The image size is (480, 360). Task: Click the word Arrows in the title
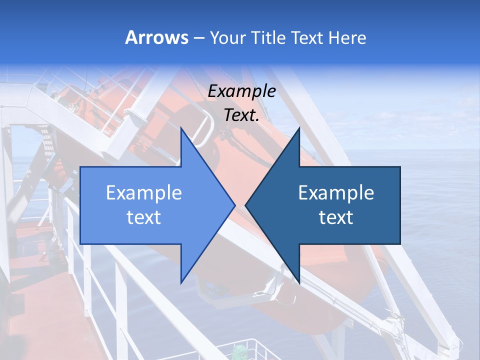tap(156, 37)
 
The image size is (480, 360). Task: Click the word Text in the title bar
tap(306, 37)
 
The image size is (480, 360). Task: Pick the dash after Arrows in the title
tap(199, 38)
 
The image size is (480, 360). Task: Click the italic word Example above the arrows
tap(241, 91)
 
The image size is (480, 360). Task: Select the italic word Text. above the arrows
tap(241, 115)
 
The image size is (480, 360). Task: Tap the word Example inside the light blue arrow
tap(143, 193)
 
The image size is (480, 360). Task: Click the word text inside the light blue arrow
tap(143, 217)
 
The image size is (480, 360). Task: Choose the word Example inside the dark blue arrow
tap(336, 193)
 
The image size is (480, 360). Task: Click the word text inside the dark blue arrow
tap(336, 217)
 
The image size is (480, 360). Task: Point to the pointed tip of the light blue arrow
tap(234, 205)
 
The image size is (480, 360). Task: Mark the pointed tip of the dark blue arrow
tap(245, 205)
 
